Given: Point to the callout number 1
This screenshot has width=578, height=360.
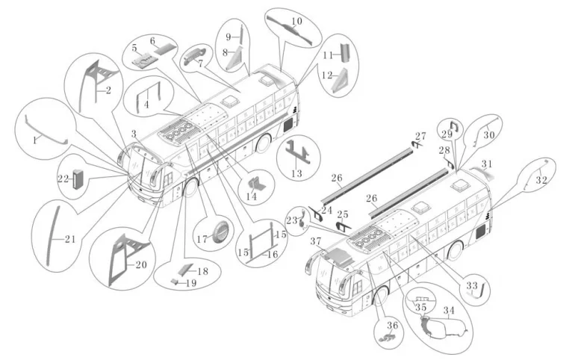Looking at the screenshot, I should coord(34,140).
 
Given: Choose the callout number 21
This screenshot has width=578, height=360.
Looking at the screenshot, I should coord(69,239).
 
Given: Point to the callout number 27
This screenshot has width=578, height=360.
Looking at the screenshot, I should coord(420,136).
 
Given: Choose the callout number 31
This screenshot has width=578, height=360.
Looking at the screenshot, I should coord(486,164).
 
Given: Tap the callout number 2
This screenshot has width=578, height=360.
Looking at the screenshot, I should coord(108,91).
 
